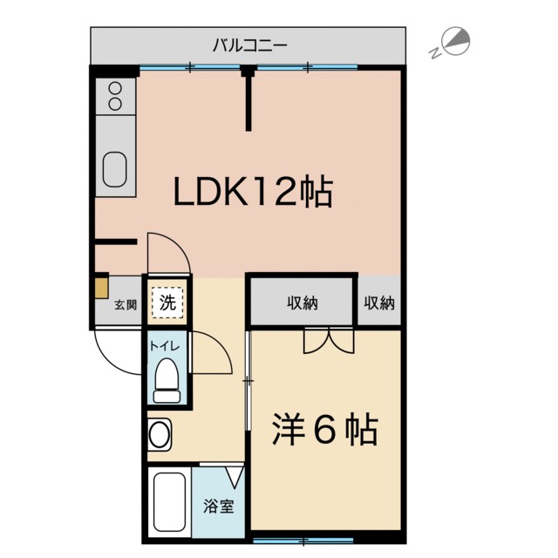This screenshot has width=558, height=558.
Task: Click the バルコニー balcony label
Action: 249,44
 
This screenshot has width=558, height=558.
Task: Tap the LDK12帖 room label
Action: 253,192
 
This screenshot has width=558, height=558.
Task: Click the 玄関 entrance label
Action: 126,305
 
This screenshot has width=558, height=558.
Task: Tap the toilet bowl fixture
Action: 166,382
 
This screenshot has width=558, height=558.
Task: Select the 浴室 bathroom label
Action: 218,506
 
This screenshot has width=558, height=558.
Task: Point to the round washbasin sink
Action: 159,432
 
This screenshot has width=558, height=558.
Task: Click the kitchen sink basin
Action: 115,168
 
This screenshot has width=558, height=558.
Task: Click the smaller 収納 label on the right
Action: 379,303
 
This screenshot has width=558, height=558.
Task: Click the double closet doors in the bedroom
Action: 329,341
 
